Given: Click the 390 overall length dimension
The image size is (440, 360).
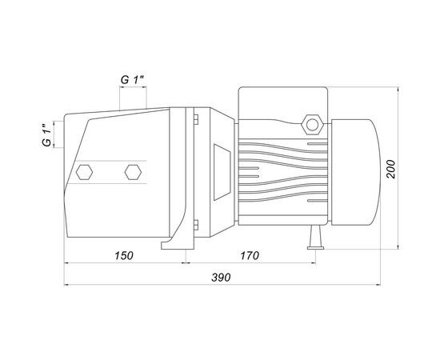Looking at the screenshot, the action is click(x=221, y=278).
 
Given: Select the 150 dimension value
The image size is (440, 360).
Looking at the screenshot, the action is click(x=124, y=256).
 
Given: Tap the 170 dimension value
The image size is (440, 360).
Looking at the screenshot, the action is click(x=250, y=256).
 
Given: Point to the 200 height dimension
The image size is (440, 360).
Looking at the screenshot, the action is click(x=390, y=169).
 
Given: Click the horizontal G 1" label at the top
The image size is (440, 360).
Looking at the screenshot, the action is click(x=132, y=80).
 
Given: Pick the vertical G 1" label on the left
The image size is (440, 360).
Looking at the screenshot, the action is click(x=47, y=134).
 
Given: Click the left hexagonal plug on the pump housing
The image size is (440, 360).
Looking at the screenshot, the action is click(x=84, y=172).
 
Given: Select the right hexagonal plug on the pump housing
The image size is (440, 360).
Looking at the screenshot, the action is click(x=133, y=172).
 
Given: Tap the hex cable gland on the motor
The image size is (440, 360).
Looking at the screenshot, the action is click(x=312, y=125).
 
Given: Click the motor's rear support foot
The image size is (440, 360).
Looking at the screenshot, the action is click(x=316, y=238).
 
